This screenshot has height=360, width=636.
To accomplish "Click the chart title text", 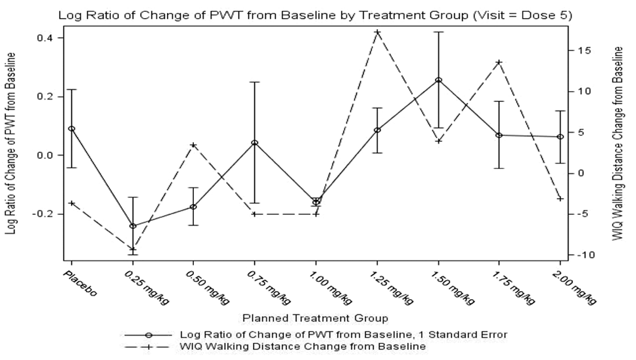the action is [x=315, y=16].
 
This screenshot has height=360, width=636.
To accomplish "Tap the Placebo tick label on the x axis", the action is [x=80, y=284].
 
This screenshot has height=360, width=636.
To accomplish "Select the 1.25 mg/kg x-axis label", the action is [x=392, y=287].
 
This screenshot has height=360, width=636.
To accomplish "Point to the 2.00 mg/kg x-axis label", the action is [x=575, y=287].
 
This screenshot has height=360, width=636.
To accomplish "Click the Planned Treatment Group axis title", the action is [x=315, y=318].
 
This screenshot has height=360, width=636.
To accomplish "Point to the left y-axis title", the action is [x=12, y=144].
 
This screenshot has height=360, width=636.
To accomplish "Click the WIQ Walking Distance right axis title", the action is [x=618, y=144].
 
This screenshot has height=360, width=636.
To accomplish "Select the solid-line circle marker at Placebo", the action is [x=72, y=129].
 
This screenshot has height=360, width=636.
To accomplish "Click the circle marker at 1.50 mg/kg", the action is [x=438, y=80].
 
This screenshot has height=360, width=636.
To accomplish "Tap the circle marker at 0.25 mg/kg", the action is [x=132, y=226].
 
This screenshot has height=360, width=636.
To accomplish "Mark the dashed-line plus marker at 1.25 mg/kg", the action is [x=377, y=32].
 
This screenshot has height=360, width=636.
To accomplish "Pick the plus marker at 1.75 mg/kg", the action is [x=499, y=62].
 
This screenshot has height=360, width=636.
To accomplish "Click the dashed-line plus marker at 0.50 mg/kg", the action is [x=193, y=145].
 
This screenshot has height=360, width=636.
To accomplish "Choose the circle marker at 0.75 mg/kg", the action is [x=254, y=143].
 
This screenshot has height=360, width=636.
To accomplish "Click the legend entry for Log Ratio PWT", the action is [x=316, y=335].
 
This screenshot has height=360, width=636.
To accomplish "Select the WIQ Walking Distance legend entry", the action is [x=275, y=347].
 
